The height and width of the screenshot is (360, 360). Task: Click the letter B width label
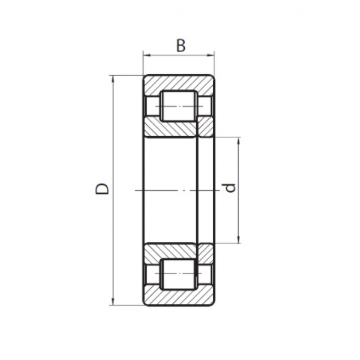tap(181, 46)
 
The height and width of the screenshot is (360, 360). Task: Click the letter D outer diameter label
tap(102, 189)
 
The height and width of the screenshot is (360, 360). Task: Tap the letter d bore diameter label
tap(230, 188)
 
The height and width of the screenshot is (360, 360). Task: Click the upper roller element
tap(179, 106)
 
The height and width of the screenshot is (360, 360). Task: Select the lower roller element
tap(179, 274)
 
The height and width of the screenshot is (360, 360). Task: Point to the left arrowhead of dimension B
tap(146, 55)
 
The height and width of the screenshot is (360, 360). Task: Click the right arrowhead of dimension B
tap(211, 55)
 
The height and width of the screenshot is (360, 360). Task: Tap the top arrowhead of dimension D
tap(113, 79)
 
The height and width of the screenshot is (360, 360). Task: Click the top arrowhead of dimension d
tap(239, 140)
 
